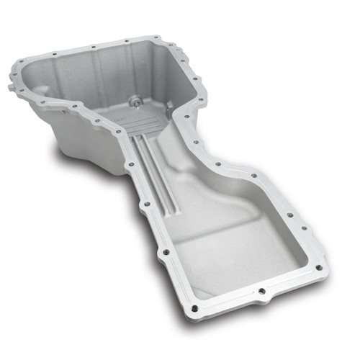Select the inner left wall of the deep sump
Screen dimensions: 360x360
[43, 94]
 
